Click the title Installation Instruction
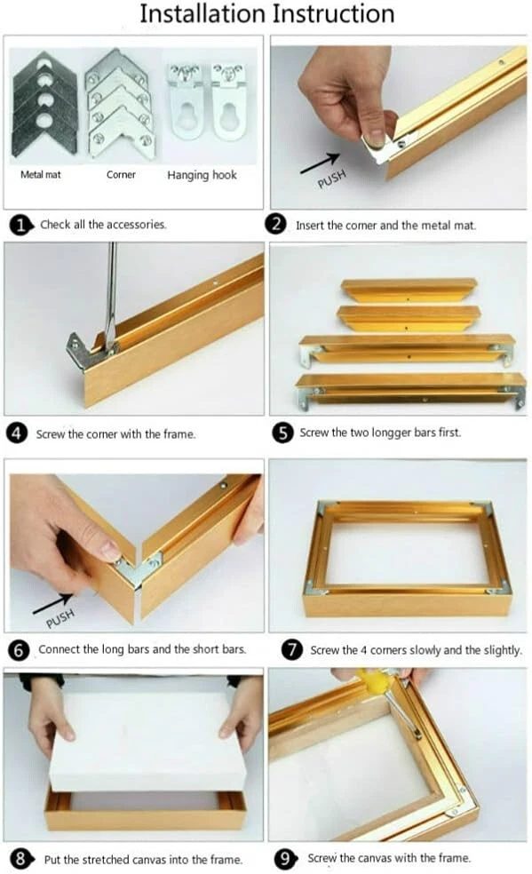pos(266,13)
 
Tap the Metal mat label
pos(41,174)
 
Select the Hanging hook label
pos(202,175)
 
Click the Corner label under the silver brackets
pos(121,174)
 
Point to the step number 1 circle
pos(20,226)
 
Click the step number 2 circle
pos(275,224)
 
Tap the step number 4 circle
pos(17,433)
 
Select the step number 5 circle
pos(283,433)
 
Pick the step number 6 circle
pos(19,650)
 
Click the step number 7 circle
pos(291,649)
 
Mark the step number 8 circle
pos(20,858)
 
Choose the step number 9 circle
pos(285,858)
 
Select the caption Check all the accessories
pos(103,225)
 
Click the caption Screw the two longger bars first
pos(380,433)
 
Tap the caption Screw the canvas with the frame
pos(389,858)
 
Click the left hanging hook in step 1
pos(183,101)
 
